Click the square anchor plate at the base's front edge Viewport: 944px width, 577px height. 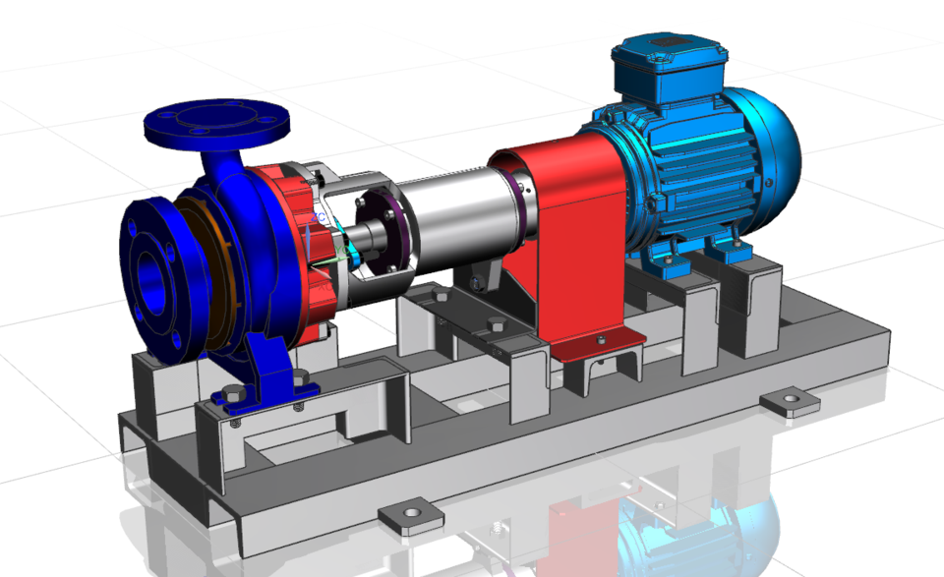(x=407, y=517)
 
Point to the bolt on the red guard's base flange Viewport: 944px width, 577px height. (x=599, y=340)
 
